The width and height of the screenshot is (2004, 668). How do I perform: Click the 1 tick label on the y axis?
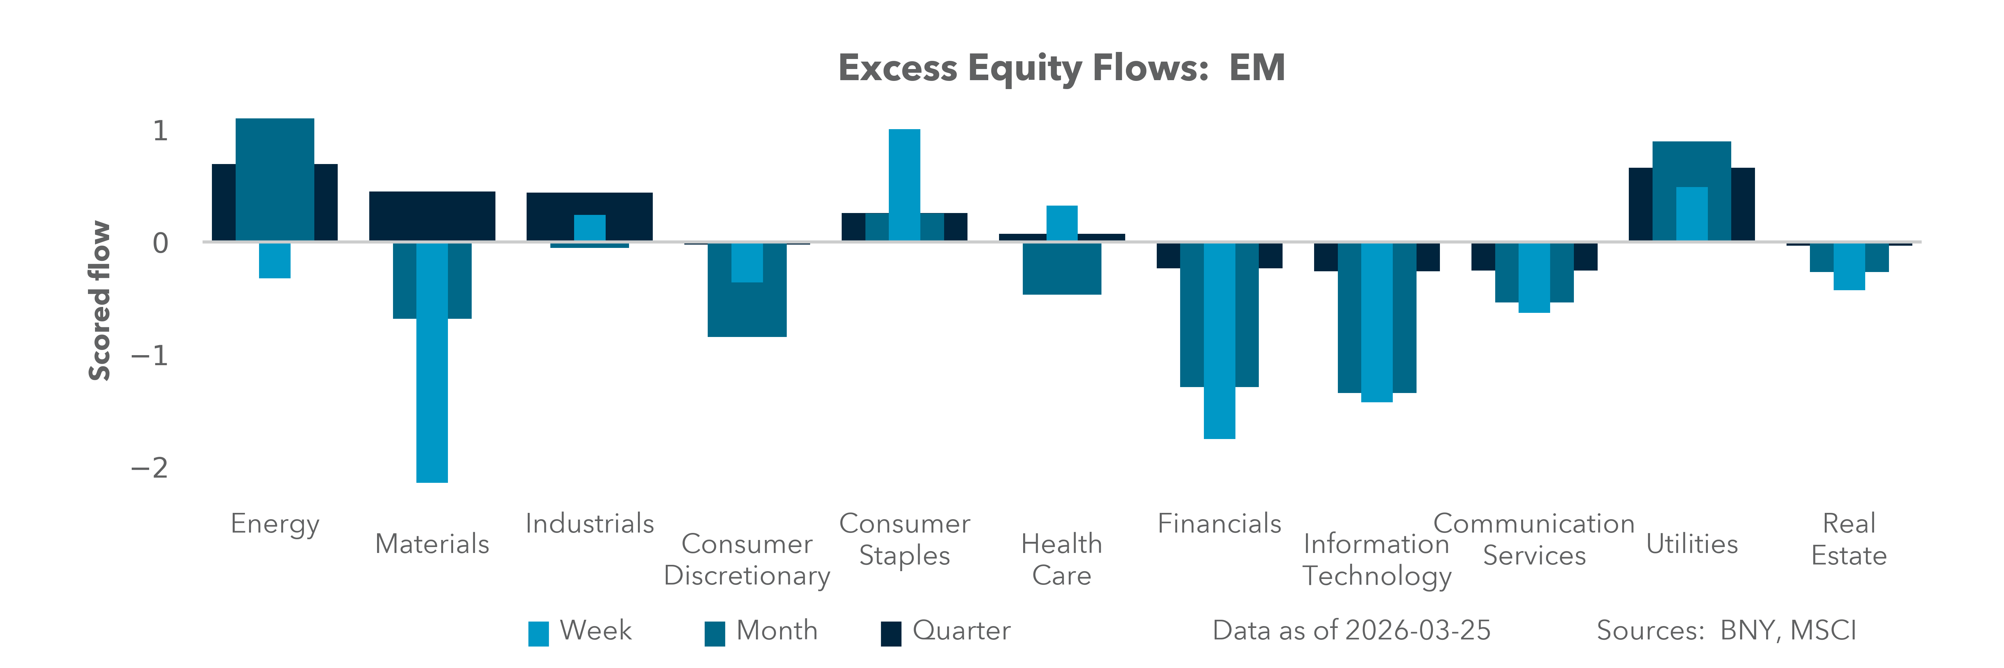coord(160,131)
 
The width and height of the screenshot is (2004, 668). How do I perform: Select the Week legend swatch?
coord(538,633)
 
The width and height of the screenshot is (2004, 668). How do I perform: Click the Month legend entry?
coord(776,631)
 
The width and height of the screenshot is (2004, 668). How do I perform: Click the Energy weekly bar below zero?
coord(275,261)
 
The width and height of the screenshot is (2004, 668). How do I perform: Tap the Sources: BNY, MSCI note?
coord(1726,631)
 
